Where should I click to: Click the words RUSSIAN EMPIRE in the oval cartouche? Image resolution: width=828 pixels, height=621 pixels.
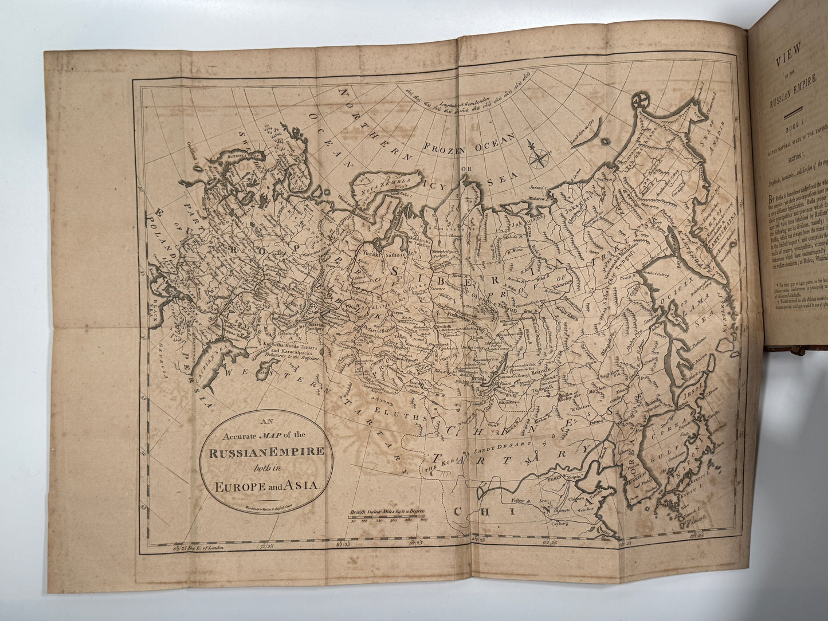click(x=266, y=451)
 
